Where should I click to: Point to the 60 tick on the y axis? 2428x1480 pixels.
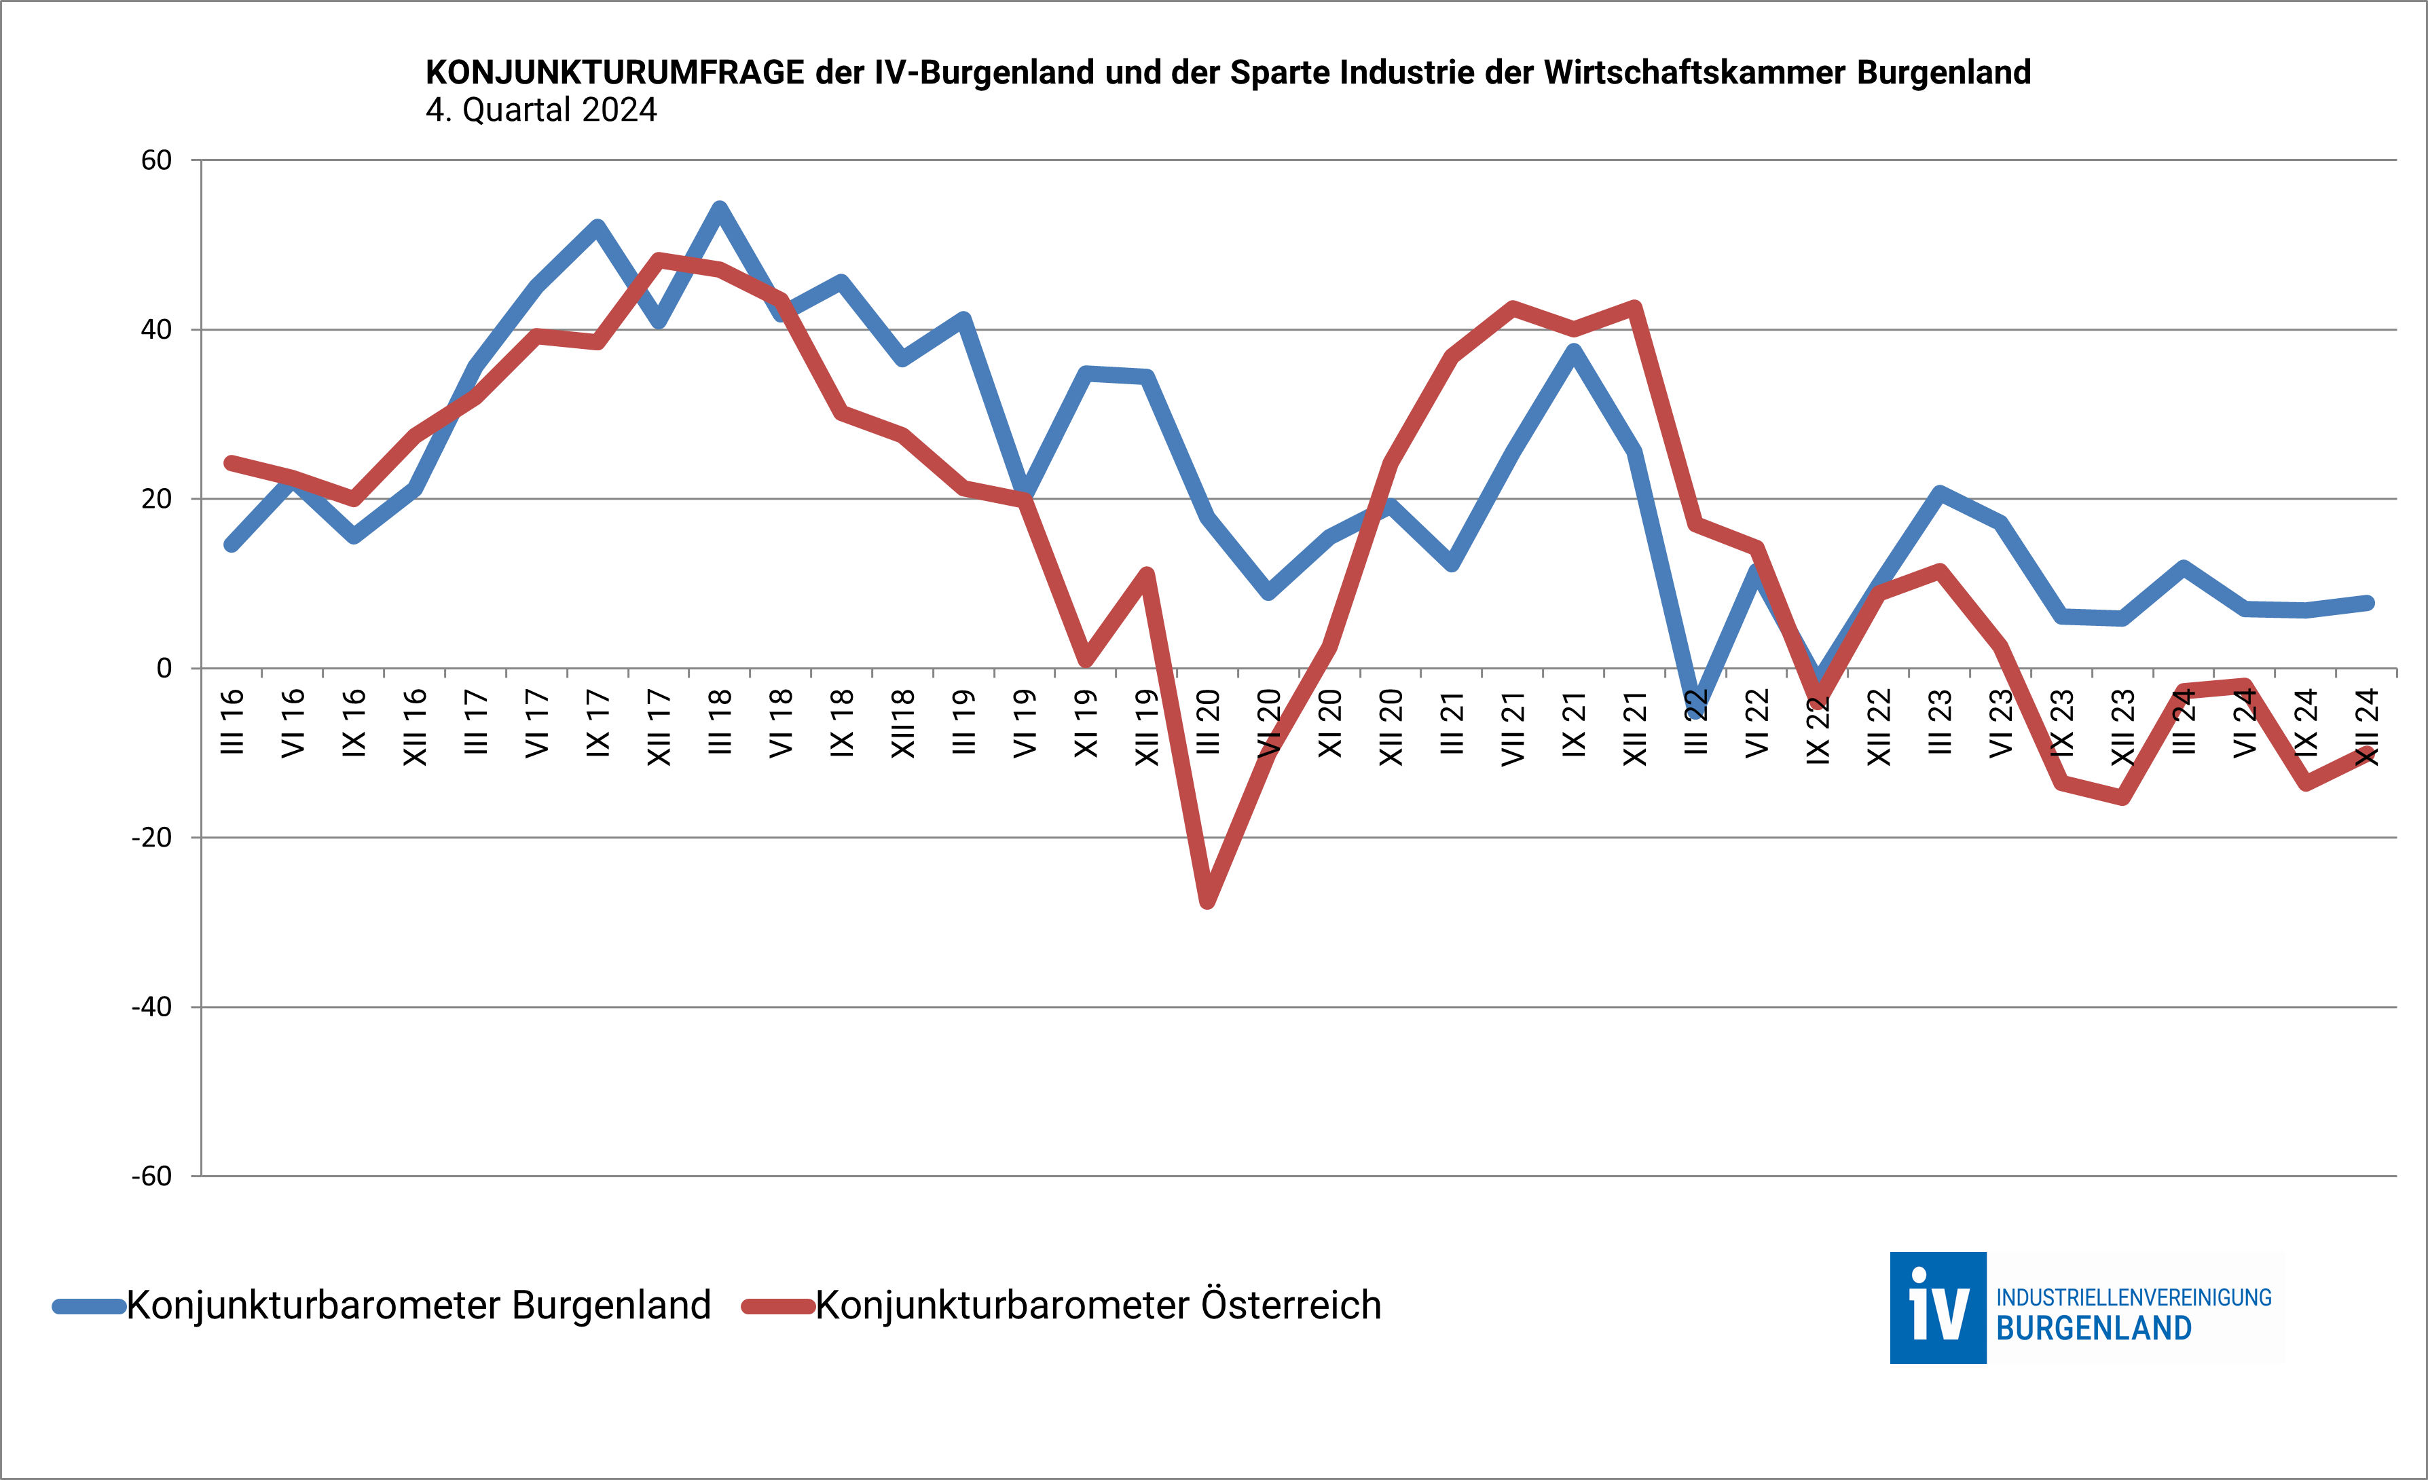click(157, 161)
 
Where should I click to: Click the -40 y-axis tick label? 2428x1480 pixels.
click(152, 1007)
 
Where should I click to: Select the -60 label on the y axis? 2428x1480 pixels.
click(152, 1177)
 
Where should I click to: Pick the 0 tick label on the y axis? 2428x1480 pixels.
click(164, 669)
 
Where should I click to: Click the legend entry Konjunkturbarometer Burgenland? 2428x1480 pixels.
click(418, 1306)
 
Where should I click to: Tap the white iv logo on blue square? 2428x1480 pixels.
click(1937, 1308)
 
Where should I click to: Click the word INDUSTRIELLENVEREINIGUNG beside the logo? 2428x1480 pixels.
click(2133, 1297)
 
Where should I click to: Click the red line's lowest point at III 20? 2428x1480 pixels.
click(1208, 902)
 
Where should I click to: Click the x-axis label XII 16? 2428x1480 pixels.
click(415, 727)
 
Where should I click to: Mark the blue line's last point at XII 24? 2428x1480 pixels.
click(2368, 603)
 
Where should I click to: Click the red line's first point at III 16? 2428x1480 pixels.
click(232, 463)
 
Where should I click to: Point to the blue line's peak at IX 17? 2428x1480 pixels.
click(597, 227)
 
